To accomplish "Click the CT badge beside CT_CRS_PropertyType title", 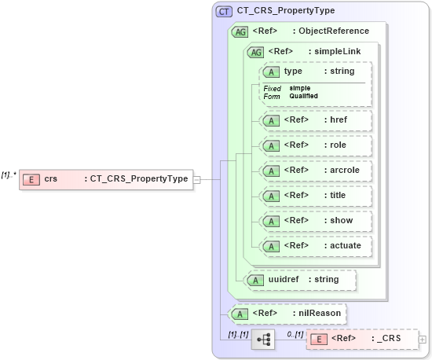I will tap(225, 11).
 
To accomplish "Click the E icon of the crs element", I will tap(31, 179).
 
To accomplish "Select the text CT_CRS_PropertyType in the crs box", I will tap(139, 179).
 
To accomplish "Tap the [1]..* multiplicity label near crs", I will tap(9, 174).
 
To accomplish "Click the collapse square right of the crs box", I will tap(196, 179).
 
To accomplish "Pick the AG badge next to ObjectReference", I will tap(239, 31).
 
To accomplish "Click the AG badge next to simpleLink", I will tap(255, 52).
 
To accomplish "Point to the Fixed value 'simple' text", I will tap(300, 88).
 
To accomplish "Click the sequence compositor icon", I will tap(263, 340).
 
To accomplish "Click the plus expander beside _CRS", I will tap(423, 340).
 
